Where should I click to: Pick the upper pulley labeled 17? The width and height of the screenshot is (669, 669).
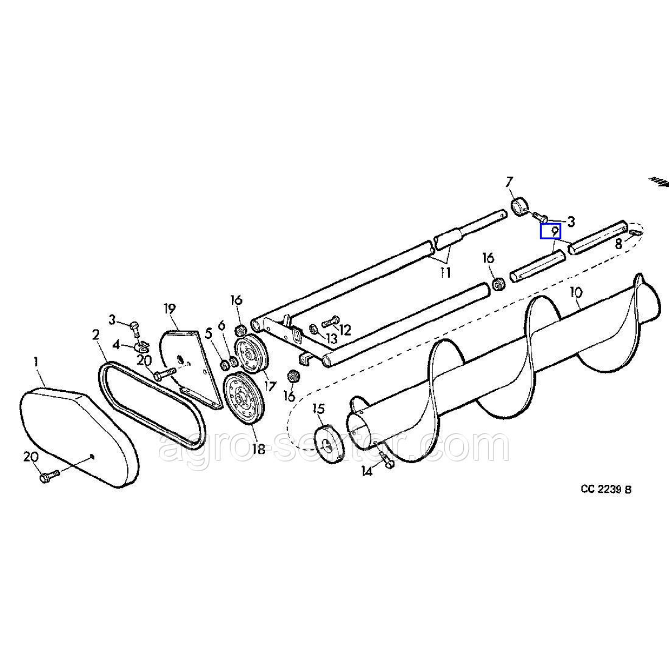point(250,355)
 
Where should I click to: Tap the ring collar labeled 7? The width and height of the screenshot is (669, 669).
point(520,207)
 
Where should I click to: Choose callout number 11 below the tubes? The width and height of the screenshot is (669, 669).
point(445,273)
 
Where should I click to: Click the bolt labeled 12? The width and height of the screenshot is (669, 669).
point(332,321)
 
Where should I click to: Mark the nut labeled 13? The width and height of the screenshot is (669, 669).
point(312,328)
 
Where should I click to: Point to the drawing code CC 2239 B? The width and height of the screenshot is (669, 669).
point(606,479)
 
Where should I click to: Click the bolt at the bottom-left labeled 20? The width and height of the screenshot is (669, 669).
point(50,476)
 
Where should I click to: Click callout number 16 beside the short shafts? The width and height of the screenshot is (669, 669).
point(488,258)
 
